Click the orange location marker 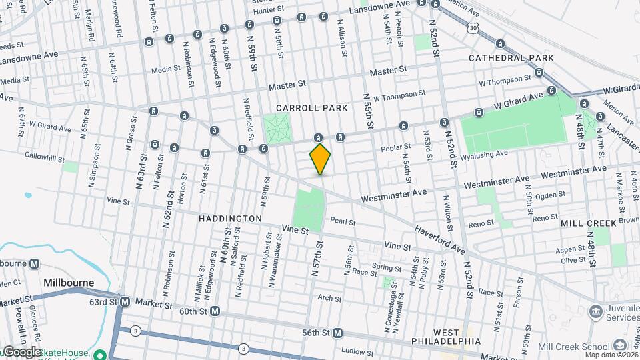(320, 159)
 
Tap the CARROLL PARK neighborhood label (312, 107)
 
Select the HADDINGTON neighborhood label (230, 219)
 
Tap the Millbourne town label (68, 283)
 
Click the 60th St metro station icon (215, 311)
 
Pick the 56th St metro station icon (338, 333)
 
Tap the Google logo (21, 352)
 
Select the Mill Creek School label (576, 346)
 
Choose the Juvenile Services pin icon (595, 311)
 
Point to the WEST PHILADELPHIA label (456, 337)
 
